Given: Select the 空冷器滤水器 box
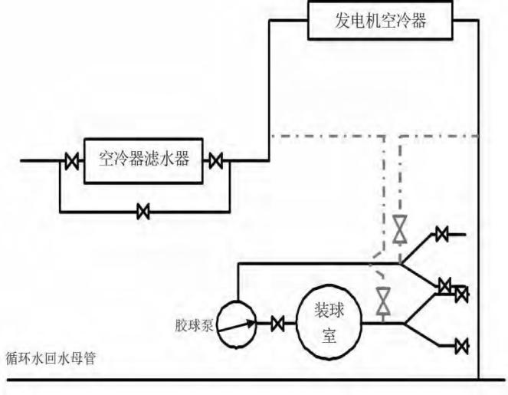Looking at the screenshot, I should click(x=143, y=160).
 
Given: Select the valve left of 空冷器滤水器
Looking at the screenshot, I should click(x=71, y=161).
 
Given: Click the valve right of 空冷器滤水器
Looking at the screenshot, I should click(x=216, y=161).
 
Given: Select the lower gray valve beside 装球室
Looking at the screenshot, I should click(x=382, y=300).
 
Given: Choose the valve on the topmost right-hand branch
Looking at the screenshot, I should click(x=441, y=235).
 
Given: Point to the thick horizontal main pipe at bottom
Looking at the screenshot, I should click(x=230, y=379).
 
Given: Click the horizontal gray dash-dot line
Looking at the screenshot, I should click(x=329, y=137).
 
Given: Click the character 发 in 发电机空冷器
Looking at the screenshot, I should click(x=346, y=21).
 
